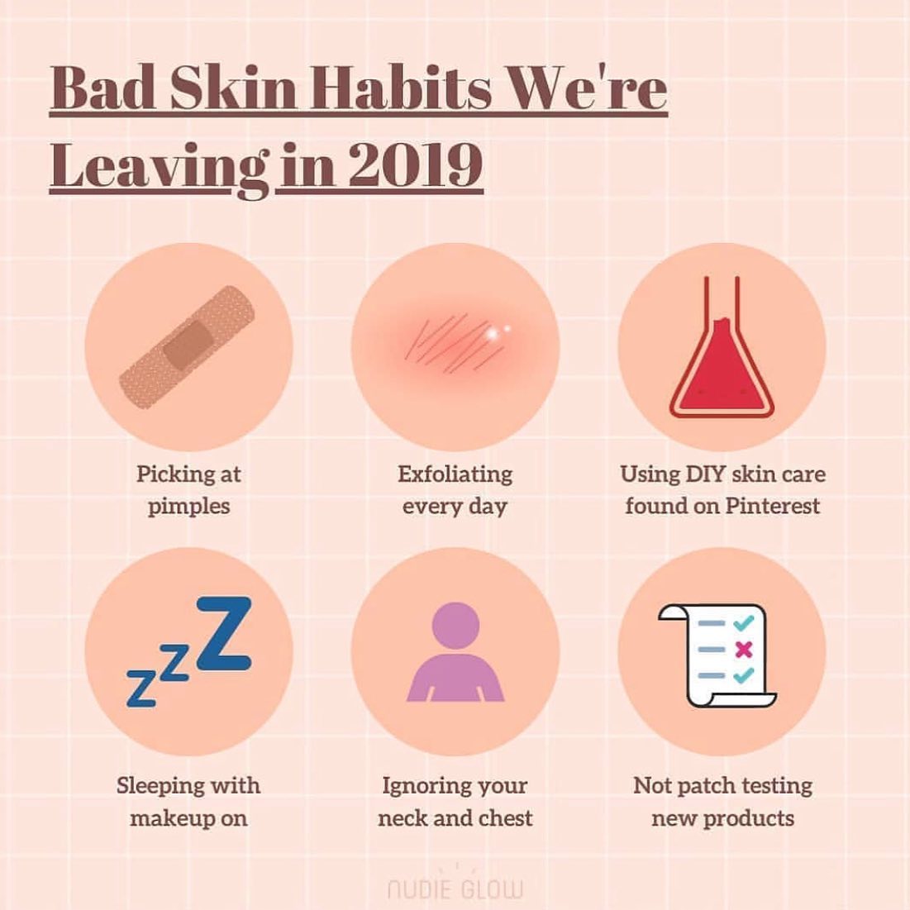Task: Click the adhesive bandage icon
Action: (x=187, y=346)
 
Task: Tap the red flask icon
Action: (x=722, y=347)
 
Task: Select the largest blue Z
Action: (x=225, y=634)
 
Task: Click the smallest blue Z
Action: (x=141, y=688)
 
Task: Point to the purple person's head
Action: (x=456, y=626)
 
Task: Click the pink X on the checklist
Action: (x=743, y=649)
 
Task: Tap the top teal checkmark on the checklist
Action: (x=743, y=622)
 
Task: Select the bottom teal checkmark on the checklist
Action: (x=743, y=675)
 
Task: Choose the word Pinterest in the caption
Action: (x=773, y=506)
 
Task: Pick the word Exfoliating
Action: (x=455, y=474)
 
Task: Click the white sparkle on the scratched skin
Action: (x=494, y=332)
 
